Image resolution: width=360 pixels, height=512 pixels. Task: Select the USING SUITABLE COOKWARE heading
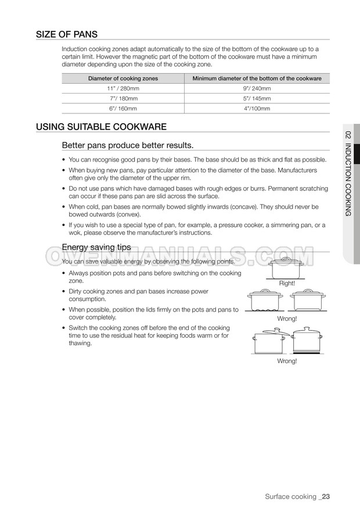tap(102, 126)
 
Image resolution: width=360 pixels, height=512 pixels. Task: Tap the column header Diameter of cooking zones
tap(123, 78)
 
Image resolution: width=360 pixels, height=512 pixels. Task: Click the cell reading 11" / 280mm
tap(123, 88)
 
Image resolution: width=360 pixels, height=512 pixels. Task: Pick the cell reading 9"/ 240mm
tap(256, 88)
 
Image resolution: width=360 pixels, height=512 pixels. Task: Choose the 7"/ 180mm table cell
tap(123, 98)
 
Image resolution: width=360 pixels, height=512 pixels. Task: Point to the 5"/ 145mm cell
tap(256, 98)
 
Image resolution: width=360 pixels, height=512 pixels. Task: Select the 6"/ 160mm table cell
tap(123, 108)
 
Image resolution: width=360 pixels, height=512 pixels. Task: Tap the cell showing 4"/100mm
tap(256, 108)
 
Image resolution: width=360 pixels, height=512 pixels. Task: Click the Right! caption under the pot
tap(287, 283)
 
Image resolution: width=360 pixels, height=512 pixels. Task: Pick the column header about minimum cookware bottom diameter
tap(256, 78)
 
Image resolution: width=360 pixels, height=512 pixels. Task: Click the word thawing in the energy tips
tap(80, 343)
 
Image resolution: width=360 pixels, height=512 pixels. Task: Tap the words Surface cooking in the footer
tap(290, 496)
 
